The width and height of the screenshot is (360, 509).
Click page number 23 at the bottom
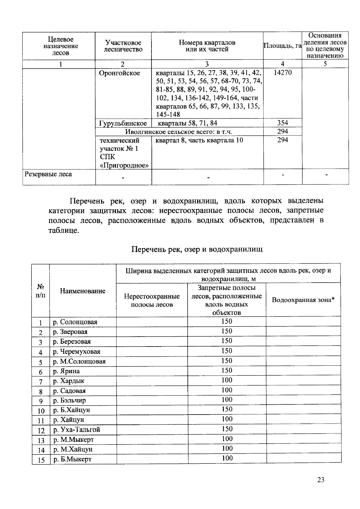[x=321, y=480]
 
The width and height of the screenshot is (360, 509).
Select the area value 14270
[x=283, y=73]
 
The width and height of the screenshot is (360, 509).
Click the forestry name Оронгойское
[x=120, y=73]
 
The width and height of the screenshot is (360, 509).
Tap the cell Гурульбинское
[x=123, y=123]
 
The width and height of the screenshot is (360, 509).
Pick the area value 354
[x=283, y=123]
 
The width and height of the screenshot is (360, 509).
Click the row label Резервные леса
[x=48, y=174]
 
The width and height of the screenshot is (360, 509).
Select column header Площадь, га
[x=282, y=46]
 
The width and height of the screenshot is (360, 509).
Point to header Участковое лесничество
[x=123, y=46]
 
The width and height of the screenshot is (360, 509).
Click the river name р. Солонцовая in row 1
[x=75, y=322]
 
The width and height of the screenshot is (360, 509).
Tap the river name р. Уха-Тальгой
[x=76, y=430]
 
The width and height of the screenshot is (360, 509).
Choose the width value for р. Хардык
[x=227, y=380]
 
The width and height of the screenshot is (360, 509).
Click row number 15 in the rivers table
[x=41, y=460]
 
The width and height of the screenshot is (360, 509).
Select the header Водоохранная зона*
[x=303, y=300]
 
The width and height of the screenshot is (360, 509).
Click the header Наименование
[x=82, y=291]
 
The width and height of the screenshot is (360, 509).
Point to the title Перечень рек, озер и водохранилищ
[x=197, y=249]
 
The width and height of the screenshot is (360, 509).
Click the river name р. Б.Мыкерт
[x=72, y=459]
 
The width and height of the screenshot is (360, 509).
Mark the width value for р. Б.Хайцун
[x=227, y=409]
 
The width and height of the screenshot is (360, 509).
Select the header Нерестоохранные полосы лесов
[x=152, y=300]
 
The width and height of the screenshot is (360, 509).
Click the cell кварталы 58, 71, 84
[x=187, y=123]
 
